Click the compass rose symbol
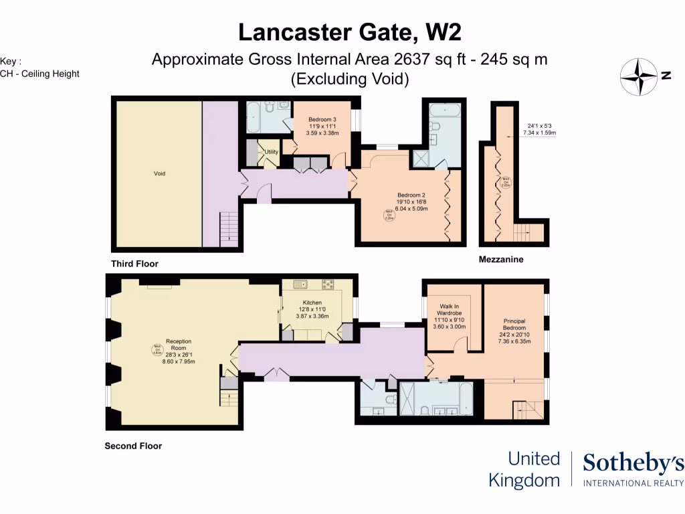pyautogui.click(x=638, y=77)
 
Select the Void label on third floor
pyautogui.click(x=159, y=173)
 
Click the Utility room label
pyautogui.click(x=271, y=152)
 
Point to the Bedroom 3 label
pyautogui.click(x=322, y=119)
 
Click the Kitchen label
pyautogui.click(x=312, y=303)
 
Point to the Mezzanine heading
pyautogui.click(x=501, y=259)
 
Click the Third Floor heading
pyautogui.click(x=134, y=264)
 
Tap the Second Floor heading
pyautogui.click(x=133, y=446)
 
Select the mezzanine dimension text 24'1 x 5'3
pyautogui.click(x=539, y=125)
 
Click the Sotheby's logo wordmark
pyautogui.click(x=633, y=463)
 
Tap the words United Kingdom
pyautogui.click(x=524, y=469)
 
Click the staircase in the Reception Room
pyautogui.click(x=229, y=398)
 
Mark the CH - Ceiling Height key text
pyautogui.click(x=39, y=74)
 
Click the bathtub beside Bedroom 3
pyautogui.click(x=254, y=118)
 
